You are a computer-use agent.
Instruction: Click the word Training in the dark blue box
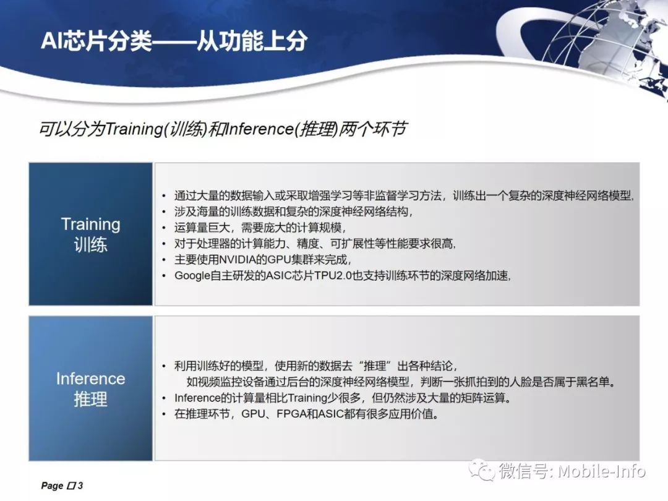pyautogui.click(x=91, y=225)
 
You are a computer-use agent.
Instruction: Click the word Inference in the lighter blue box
pyautogui.click(x=91, y=379)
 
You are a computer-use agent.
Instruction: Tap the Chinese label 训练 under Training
pyautogui.click(x=91, y=245)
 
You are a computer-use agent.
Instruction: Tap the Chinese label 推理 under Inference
pyautogui.click(x=91, y=399)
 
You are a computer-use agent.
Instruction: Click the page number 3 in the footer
pyautogui.click(x=80, y=486)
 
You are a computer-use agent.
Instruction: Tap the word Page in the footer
pyautogui.click(x=52, y=486)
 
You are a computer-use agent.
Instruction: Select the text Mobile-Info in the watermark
pyautogui.click(x=601, y=471)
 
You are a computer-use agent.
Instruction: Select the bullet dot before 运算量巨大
pyautogui.click(x=164, y=228)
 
